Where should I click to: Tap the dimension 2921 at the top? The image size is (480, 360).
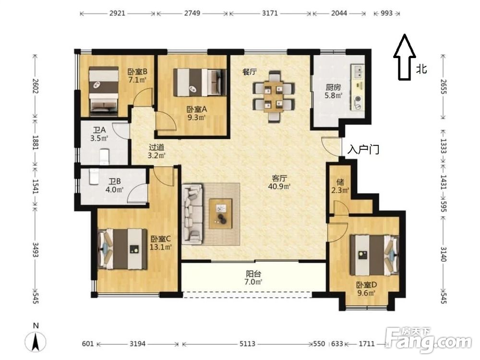118,13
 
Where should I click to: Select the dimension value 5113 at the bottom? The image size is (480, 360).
247,344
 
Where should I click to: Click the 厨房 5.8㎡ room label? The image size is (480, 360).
333,91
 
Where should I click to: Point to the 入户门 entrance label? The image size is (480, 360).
363,149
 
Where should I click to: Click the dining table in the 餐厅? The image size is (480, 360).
274,97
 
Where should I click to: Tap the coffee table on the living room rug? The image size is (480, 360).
220,214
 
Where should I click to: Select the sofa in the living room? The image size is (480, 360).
192,214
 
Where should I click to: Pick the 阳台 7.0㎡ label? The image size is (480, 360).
254,277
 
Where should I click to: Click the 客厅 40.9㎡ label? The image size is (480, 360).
279,182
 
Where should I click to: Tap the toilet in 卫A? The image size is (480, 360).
105,157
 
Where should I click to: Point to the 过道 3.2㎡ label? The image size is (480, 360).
156,151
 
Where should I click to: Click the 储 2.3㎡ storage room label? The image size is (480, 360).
340,186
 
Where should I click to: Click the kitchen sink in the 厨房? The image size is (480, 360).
357,72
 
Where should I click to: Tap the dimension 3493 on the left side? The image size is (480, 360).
36,250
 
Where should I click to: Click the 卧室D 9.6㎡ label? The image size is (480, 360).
366,289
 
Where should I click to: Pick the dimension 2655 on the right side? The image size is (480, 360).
443,86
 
